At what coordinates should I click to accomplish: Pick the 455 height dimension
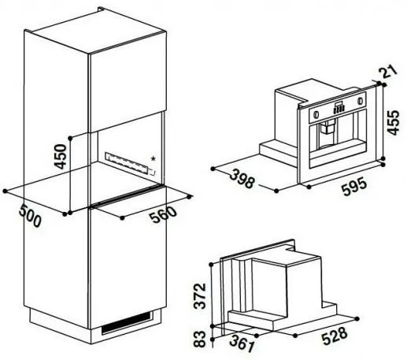pyautogui.click(x=394, y=122)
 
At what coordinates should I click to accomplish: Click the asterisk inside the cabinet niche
pyautogui.click(x=153, y=158)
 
